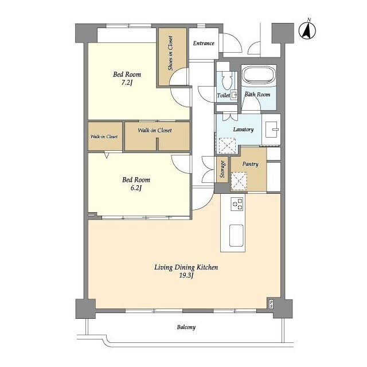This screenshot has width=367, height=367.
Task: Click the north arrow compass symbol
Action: point(307,30)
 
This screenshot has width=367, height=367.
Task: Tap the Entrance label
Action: point(204,44)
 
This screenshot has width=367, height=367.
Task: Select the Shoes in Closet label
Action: point(170,53)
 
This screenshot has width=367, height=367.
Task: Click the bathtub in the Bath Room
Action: point(259,75)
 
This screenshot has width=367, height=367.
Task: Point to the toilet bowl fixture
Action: point(226,80)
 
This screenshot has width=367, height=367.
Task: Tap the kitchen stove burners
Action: point(237,204)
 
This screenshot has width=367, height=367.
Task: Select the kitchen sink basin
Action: point(236,235)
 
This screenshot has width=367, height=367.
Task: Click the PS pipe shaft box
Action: point(271,304)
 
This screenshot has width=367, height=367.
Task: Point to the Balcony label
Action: point(186,327)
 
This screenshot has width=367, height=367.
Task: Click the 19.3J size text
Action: point(186,275)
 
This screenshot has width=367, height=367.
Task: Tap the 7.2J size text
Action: point(127,83)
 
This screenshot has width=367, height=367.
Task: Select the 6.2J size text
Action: point(136,188)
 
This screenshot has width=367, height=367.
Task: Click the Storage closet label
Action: point(222,169)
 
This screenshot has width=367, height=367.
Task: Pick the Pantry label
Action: point(250,164)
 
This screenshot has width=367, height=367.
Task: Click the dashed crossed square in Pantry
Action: point(239,181)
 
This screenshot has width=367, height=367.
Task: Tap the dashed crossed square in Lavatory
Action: point(227,146)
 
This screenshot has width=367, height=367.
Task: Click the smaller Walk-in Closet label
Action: point(104,136)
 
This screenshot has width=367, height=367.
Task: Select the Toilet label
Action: point(224,96)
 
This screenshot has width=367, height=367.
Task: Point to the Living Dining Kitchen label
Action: point(186,267)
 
